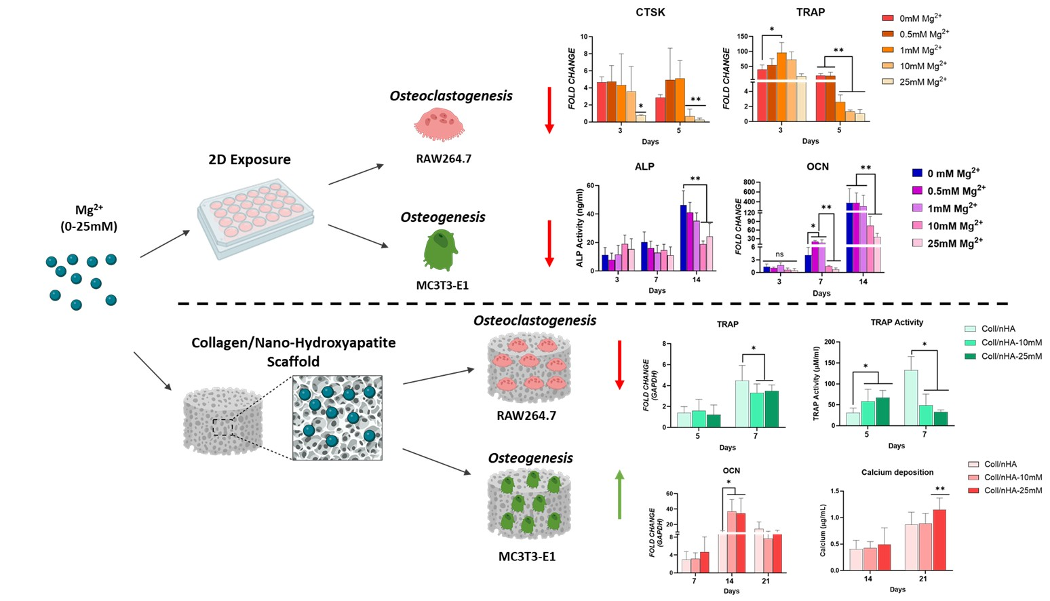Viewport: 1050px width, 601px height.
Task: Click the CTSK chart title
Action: (x=650, y=12)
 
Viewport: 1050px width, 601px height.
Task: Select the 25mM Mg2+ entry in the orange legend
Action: (x=915, y=82)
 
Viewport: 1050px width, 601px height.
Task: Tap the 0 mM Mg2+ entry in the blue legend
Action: (x=946, y=174)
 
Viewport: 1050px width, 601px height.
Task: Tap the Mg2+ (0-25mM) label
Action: (x=89, y=218)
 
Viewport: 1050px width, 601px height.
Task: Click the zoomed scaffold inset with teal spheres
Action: (x=337, y=418)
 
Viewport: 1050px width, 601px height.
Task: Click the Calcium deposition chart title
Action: (x=897, y=472)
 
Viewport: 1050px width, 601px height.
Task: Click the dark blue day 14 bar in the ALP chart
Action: (x=684, y=237)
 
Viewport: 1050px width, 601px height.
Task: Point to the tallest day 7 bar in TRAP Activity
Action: (x=910, y=398)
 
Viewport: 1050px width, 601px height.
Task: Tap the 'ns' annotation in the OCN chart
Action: (x=779, y=254)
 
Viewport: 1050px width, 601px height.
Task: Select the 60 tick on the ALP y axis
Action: (x=590, y=185)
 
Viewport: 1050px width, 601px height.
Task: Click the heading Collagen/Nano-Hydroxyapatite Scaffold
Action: (x=293, y=351)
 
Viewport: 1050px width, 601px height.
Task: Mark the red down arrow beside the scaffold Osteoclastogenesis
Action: (x=619, y=365)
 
